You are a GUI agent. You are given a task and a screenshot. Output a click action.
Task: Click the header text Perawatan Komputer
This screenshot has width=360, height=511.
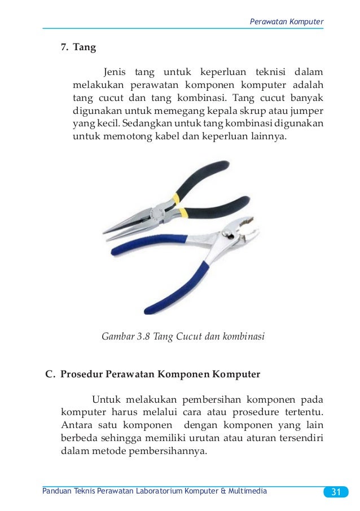[286, 21]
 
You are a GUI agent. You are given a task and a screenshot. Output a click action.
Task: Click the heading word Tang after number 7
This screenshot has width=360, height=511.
[84, 47]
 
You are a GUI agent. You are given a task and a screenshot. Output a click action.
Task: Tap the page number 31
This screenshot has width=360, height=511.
[336, 492]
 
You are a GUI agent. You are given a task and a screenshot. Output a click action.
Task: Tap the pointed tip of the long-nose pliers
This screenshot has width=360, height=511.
[106, 231]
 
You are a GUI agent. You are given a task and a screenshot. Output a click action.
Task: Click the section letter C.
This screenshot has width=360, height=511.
[49, 373]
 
